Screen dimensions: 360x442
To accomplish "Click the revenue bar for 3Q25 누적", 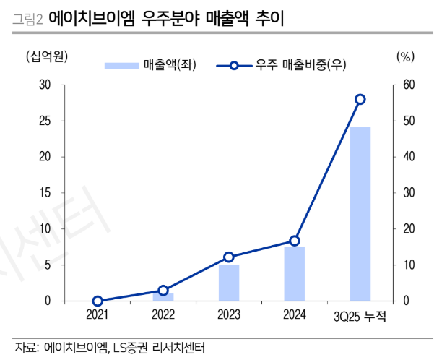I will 360,213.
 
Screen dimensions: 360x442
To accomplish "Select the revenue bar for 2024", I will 294,273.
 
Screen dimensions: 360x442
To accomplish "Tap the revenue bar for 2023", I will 229,283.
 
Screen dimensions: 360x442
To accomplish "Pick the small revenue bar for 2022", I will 163,296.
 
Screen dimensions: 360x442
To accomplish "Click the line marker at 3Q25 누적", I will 360,99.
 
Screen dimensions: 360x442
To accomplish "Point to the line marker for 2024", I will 294,241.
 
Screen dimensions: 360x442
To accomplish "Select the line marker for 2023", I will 229,257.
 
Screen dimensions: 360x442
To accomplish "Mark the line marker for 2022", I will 163,290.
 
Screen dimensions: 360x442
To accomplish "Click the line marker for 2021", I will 97,301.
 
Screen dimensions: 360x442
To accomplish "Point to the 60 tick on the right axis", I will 409,85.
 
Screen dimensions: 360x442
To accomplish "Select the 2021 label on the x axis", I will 97,314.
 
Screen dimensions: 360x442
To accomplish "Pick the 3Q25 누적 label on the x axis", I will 360,315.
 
